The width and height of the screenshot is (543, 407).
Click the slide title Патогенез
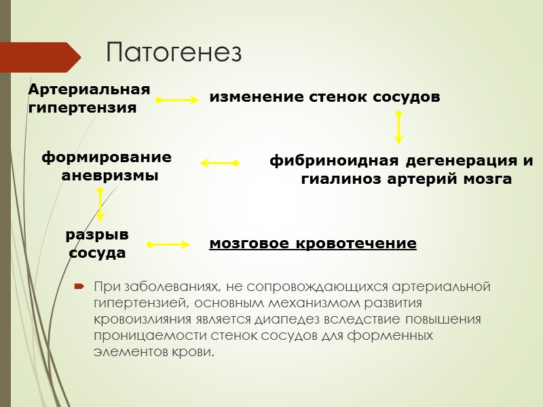click(x=174, y=53)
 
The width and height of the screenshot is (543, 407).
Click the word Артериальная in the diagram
click(x=88, y=90)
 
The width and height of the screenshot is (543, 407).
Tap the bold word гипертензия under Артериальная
click(x=82, y=107)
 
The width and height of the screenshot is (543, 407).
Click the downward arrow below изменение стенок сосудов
click(x=398, y=128)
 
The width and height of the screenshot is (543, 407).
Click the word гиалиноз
click(x=339, y=180)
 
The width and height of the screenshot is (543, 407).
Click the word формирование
click(x=107, y=157)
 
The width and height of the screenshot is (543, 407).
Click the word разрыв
click(x=96, y=235)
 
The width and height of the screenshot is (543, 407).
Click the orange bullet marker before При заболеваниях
click(x=80, y=286)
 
